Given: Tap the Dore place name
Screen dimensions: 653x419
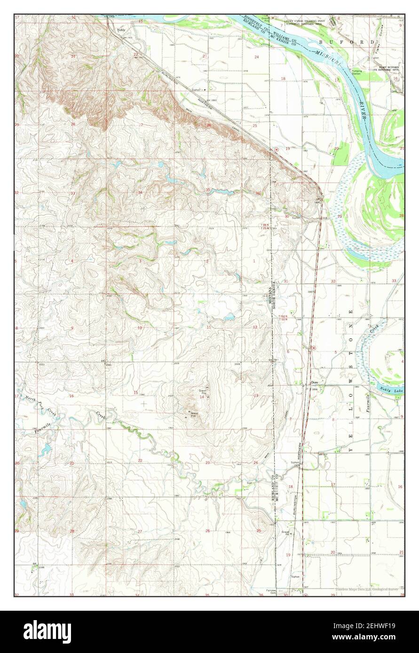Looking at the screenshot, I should click(x=315, y=382).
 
